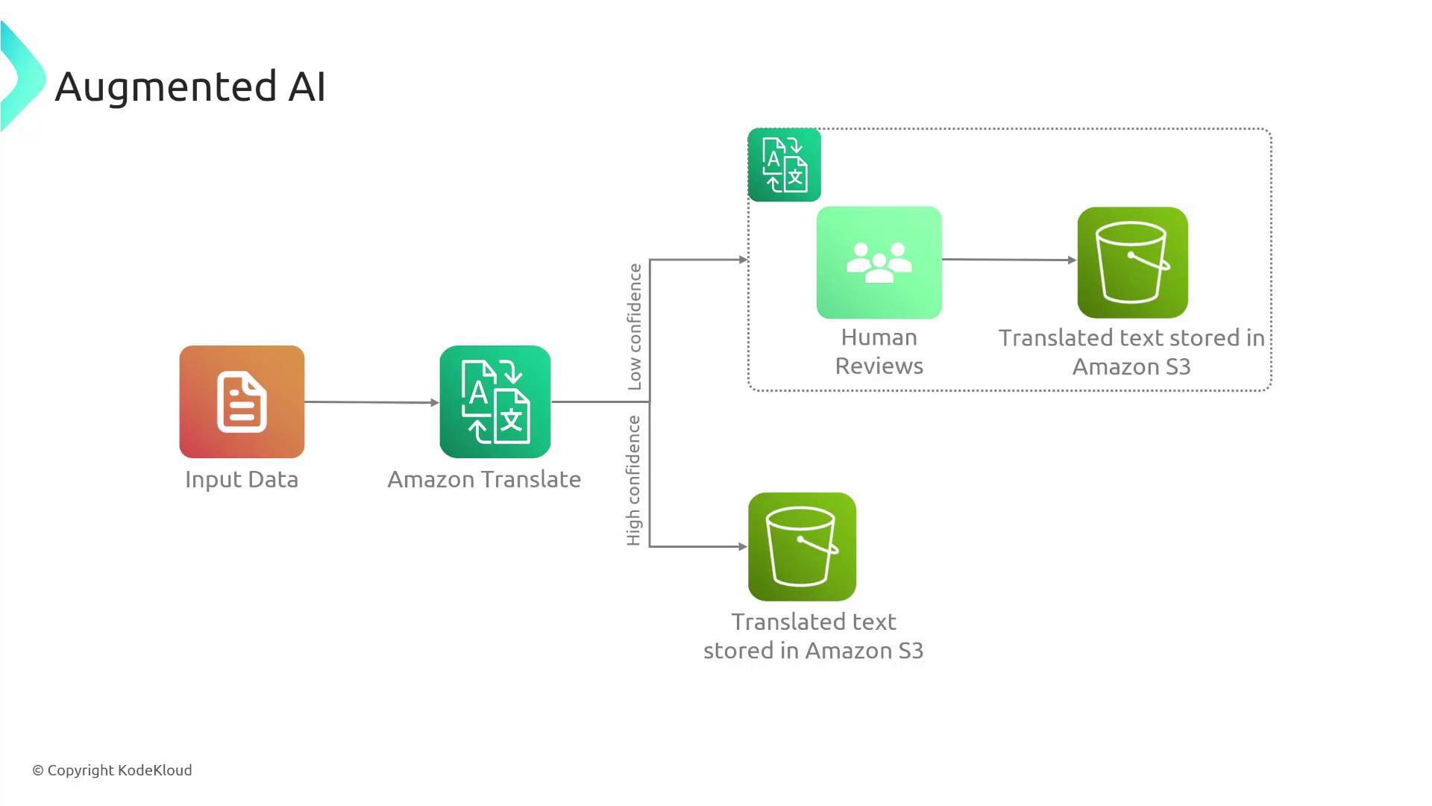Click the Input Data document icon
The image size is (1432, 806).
(242, 402)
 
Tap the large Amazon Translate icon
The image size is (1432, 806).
(495, 402)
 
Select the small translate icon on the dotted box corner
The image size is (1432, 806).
(784, 165)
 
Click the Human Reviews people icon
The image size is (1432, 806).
(879, 262)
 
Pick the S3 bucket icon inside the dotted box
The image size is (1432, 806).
(1132, 262)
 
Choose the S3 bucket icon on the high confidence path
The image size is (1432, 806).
(802, 546)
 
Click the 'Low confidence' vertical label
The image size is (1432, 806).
(635, 327)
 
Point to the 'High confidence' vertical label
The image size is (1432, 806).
(634, 481)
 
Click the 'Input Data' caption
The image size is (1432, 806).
(242, 479)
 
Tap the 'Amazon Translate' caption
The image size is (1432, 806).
(484, 479)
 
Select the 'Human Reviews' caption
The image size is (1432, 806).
(879, 352)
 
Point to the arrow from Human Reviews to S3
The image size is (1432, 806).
(1008, 260)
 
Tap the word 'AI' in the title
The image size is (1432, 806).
(307, 87)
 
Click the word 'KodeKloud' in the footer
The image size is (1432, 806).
(155, 770)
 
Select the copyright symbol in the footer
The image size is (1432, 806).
(38, 771)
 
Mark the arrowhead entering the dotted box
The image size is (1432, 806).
(743, 260)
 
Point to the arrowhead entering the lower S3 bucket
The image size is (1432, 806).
(743, 546)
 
